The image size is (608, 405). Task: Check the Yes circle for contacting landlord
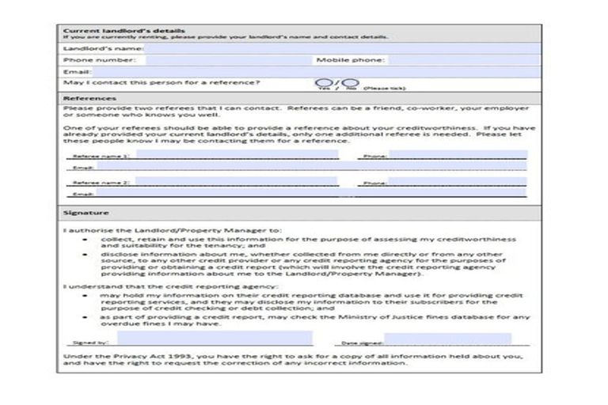tap(322, 82)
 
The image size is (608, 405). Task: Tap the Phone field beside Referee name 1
tap(457, 156)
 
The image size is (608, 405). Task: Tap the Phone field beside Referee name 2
tap(457, 181)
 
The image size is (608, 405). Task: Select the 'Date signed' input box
tap(446, 339)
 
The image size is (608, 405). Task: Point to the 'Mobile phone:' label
tap(349, 60)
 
